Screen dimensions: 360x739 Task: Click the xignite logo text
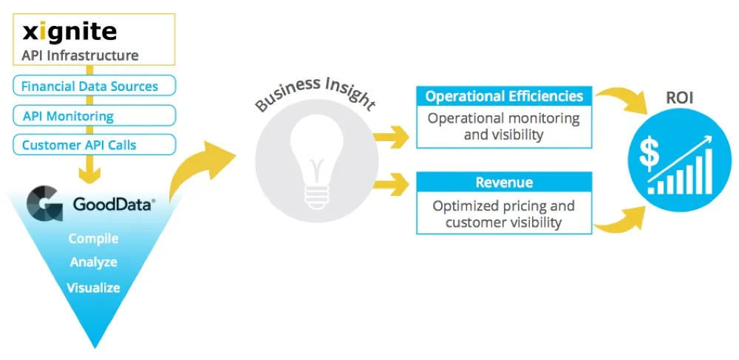tap(69, 32)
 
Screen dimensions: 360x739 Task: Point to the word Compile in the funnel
tap(93, 239)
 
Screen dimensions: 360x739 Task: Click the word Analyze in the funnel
tap(93, 262)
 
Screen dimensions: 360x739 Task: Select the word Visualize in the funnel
tap(93, 288)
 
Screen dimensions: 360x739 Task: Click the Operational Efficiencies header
tap(504, 96)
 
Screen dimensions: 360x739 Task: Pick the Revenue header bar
tap(504, 183)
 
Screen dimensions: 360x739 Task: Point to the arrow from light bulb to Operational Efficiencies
tap(392, 136)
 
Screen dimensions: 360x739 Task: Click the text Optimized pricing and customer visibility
tap(504, 214)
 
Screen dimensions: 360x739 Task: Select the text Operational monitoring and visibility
tap(504, 126)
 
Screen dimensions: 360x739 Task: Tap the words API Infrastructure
tap(80, 55)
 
